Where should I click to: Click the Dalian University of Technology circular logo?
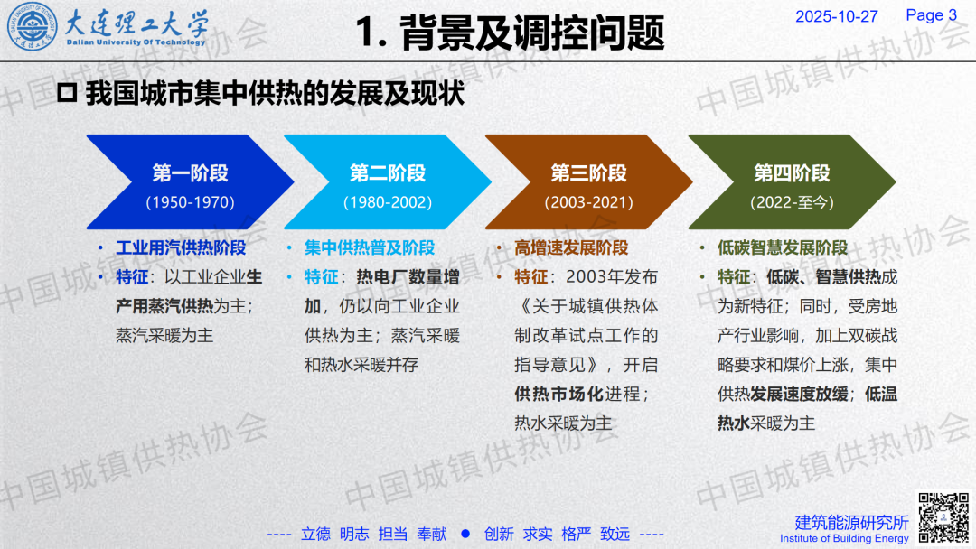tap(32, 27)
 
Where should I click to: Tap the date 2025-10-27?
tap(837, 17)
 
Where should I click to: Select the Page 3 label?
tap(931, 15)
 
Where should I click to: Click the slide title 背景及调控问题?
tap(532, 33)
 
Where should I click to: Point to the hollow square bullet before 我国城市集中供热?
tap(67, 93)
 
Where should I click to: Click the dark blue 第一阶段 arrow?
tap(190, 182)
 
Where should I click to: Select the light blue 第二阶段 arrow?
tap(387, 182)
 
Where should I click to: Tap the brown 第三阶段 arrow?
tap(589, 182)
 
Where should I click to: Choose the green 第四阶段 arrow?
tap(792, 182)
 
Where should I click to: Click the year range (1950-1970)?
tap(190, 202)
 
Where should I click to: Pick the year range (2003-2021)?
tap(589, 202)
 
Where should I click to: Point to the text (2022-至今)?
tap(792, 202)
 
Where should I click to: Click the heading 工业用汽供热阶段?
tap(181, 247)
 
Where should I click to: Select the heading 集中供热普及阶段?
tap(369, 247)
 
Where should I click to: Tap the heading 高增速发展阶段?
tap(571, 247)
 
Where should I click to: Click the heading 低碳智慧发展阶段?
tap(782, 247)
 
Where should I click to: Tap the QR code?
tap(944, 517)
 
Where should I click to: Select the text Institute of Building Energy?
tap(844, 538)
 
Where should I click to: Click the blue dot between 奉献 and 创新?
tap(465, 534)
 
